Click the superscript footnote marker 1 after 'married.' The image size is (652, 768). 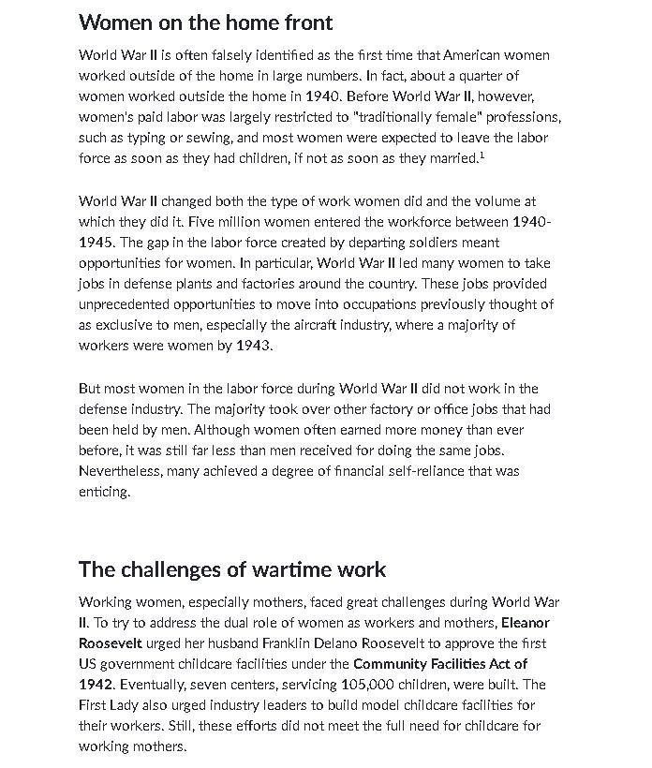pos(482,155)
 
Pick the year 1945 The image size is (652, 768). pos(97,243)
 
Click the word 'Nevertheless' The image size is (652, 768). pos(120,471)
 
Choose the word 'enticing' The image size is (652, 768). pos(103,492)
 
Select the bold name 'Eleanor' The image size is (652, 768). pos(526,623)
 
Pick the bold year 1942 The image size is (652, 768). pos(96,685)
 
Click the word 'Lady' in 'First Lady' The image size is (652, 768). pos(132,705)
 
